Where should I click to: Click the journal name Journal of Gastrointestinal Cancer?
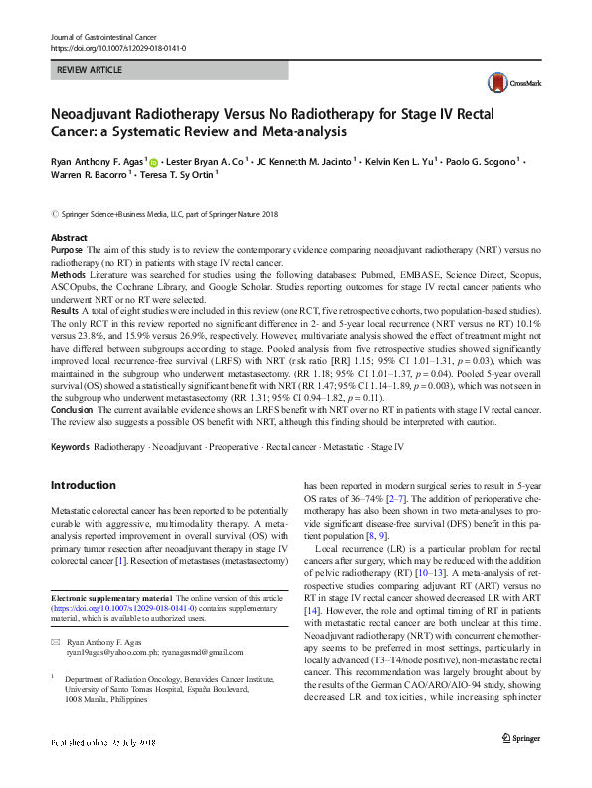(102, 37)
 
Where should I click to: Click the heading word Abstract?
(69, 239)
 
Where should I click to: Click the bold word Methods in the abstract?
(69, 272)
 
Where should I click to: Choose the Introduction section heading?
(83, 485)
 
